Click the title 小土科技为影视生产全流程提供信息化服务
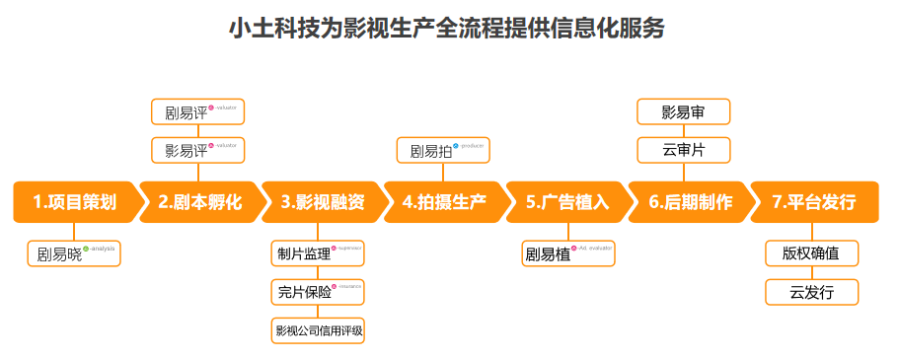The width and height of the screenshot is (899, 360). pos(446,29)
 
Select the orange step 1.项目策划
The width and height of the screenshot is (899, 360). pos(74,202)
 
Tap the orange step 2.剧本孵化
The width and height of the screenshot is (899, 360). pos(198,202)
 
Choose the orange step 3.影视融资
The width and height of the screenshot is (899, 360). pos(321,202)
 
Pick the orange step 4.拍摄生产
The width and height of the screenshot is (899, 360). pos(444,202)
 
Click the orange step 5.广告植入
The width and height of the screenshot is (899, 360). pos(566,202)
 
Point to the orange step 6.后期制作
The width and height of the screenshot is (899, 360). pos(689,202)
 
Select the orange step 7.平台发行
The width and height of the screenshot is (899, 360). pos(813,202)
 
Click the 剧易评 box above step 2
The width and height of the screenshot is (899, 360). pos(197,111)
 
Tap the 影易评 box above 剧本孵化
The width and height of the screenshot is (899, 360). pos(197,150)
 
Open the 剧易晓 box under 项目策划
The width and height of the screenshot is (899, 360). pos(73,253)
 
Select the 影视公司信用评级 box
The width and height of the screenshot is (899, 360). pos(319,330)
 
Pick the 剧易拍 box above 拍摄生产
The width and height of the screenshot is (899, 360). pos(443,150)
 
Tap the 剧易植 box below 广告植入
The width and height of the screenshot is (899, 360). pos(567,253)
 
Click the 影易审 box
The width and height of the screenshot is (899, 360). pos(683,111)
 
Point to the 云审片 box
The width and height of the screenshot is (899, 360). pos(683,150)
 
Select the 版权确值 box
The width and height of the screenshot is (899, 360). pos(811,253)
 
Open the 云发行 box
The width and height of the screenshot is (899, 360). pos(811,292)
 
